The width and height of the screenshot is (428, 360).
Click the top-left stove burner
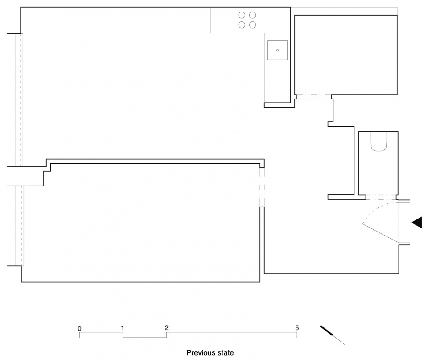tap(242, 15)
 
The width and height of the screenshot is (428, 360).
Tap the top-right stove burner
tap(253, 15)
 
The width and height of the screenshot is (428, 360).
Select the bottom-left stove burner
tap(242, 25)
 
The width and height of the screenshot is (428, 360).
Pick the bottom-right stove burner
tap(253, 25)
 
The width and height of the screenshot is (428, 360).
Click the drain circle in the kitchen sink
tap(278, 50)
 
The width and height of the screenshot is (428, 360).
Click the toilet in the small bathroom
tap(379, 141)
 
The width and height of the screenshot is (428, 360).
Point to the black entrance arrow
tap(417, 223)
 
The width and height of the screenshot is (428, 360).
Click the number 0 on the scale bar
tap(79, 328)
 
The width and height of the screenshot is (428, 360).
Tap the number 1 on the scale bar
tap(123, 328)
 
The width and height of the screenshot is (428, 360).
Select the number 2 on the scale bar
tap(166, 328)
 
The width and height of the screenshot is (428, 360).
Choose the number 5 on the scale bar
tap(297, 328)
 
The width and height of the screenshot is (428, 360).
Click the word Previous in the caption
tap(199, 352)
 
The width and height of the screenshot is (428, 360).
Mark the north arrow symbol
tap(332, 335)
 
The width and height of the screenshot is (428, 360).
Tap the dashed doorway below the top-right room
tap(314, 97)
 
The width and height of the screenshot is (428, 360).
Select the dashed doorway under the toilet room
tap(381, 198)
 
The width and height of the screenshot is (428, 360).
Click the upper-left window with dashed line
tap(19, 100)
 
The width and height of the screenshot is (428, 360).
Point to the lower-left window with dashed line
tap(19, 226)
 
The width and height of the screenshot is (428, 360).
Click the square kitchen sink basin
tap(277, 50)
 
